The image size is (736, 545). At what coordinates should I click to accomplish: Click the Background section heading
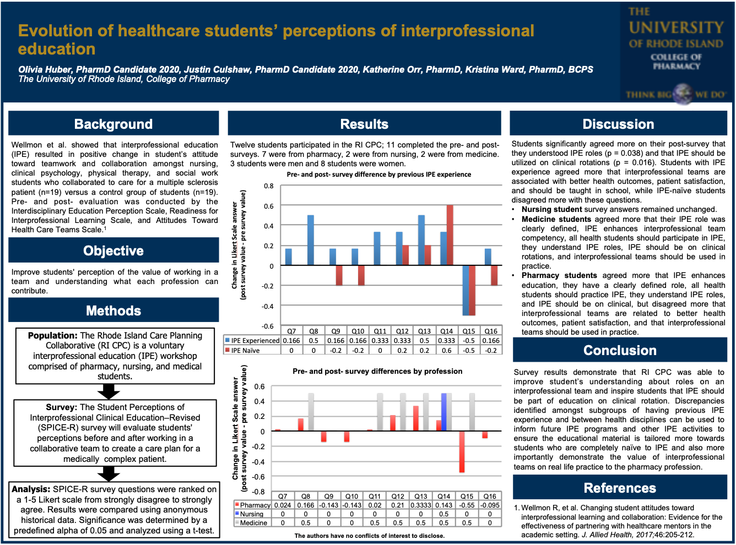(x=113, y=124)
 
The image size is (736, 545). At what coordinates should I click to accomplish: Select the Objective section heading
(x=113, y=251)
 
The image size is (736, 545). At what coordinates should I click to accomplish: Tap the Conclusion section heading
(x=620, y=351)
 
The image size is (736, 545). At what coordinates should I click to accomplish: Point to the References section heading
(x=620, y=488)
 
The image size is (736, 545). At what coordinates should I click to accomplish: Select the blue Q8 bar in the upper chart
(x=311, y=241)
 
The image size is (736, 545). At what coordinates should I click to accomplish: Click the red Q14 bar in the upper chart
(x=450, y=235)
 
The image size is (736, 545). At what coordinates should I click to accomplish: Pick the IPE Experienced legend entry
(x=252, y=341)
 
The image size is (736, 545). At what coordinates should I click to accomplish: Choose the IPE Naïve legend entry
(x=242, y=351)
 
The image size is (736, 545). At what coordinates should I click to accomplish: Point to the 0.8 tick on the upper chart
(x=268, y=186)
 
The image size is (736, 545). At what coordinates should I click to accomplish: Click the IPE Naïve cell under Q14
(x=447, y=351)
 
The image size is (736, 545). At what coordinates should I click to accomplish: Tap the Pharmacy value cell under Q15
(x=467, y=505)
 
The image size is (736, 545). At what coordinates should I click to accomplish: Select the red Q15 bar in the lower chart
(x=462, y=451)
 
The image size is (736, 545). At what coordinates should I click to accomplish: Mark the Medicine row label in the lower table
(x=253, y=523)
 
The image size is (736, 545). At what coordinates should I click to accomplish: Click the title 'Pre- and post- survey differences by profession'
(x=377, y=372)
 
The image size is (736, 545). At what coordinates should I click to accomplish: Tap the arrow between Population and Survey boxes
(x=109, y=391)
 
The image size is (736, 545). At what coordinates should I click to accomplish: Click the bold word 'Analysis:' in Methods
(x=31, y=489)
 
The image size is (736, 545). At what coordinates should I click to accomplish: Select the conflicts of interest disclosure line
(x=369, y=536)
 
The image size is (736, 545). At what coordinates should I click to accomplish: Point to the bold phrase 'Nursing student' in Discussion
(x=552, y=210)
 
